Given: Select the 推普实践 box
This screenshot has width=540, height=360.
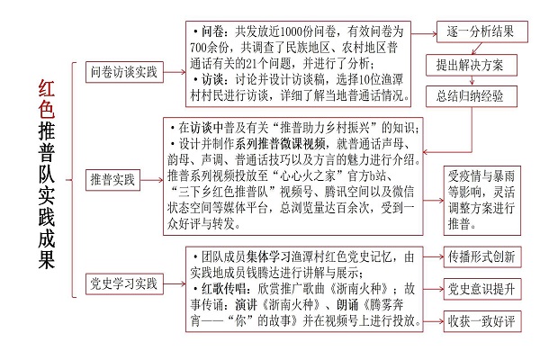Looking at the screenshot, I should (112, 179).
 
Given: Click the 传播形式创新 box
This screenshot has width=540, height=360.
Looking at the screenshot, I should (482, 256).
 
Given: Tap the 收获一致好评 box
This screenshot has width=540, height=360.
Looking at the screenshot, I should (482, 321).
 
